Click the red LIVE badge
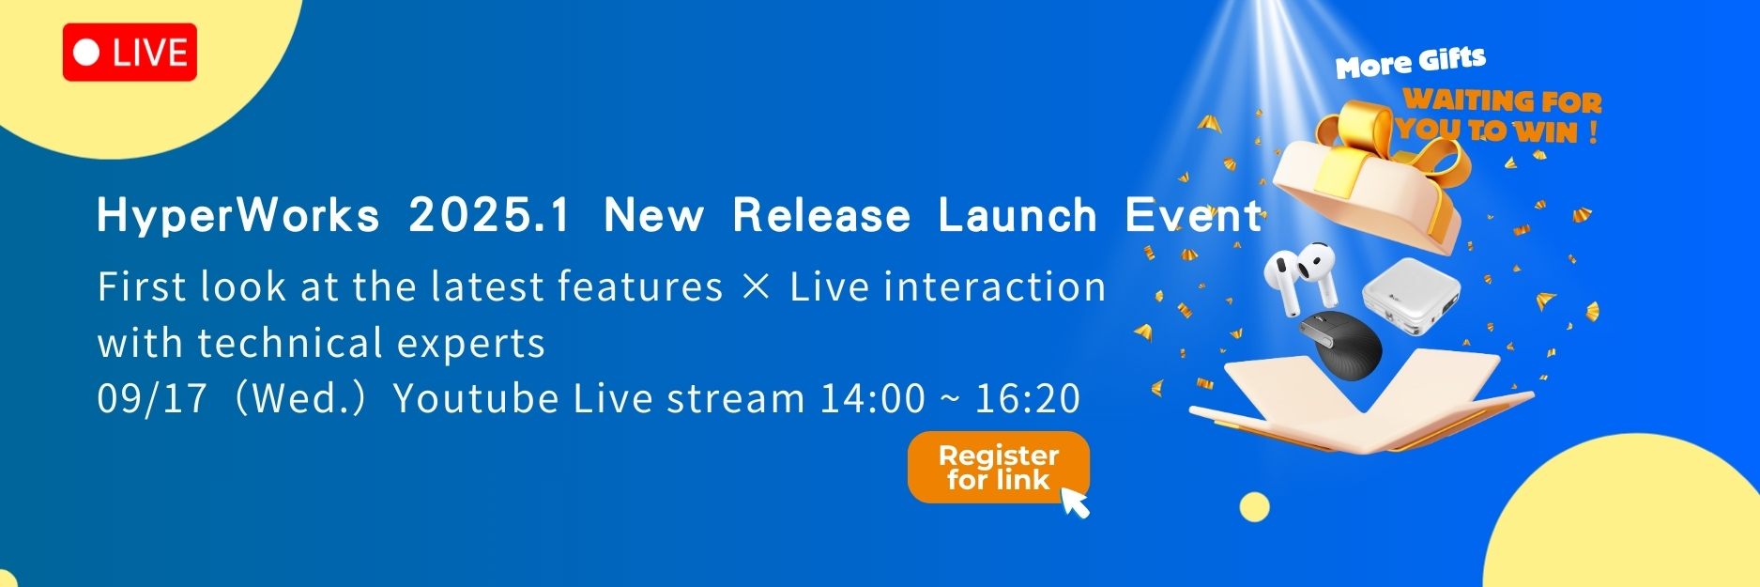point(130,53)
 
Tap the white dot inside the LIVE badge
point(86,53)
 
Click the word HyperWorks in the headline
point(238,216)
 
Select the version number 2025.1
point(489,216)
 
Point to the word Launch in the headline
point(1018,216)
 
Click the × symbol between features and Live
point(756,286)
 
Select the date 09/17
point(152,398)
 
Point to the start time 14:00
point(873,398)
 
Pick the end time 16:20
point(1028,398)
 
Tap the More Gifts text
point(1411,63)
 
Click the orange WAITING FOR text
point(1502,100)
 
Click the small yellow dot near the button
point(1254,507)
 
